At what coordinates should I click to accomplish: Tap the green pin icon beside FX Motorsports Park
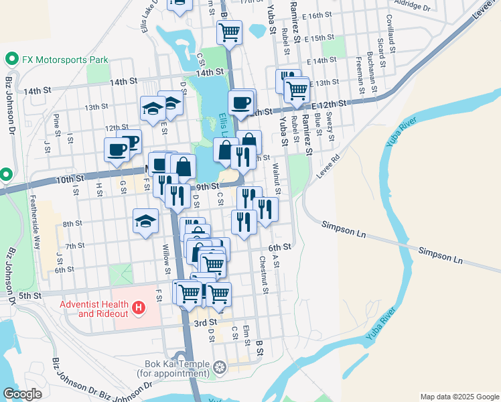point(11,59)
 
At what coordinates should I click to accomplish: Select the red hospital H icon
point(139,308)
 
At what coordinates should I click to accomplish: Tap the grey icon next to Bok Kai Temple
point(220,367)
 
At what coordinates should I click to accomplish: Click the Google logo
point(22,394)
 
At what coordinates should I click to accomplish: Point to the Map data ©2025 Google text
point(459,397)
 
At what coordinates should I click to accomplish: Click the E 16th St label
point(317,15)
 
